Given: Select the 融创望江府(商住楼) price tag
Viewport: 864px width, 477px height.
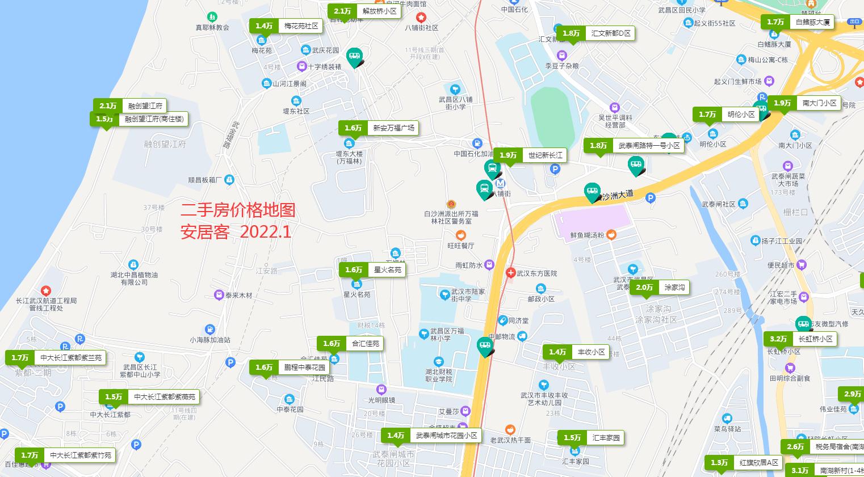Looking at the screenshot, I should (x=139, y=119).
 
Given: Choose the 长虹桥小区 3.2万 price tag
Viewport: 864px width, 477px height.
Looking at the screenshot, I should (x=800, y=339).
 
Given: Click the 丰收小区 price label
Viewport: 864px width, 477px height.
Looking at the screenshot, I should (x=576, y=352).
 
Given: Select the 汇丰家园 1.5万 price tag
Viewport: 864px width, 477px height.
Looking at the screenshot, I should (x=591, y=437).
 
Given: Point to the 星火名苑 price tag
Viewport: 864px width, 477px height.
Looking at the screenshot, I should (x=372, y=270).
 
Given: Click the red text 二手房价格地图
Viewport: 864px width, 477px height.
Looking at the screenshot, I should (x=238, y=210).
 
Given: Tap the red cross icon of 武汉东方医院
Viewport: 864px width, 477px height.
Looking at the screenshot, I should (x=510, y=273).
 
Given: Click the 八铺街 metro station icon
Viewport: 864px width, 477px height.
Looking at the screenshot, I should (x=500, y=184).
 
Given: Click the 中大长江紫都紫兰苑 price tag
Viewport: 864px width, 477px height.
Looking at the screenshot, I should (x=56, y=358).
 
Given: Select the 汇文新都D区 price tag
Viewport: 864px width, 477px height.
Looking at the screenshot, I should (x=595, y=33).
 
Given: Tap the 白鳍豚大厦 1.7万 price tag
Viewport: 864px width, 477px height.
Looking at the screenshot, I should (x=798, y=23).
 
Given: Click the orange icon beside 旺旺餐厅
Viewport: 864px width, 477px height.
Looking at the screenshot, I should (x=461, y=235).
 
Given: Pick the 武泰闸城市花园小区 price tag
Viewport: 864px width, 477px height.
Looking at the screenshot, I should (x=431, y=436).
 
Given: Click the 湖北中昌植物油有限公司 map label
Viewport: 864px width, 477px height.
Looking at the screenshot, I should (x=134, y=278).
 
